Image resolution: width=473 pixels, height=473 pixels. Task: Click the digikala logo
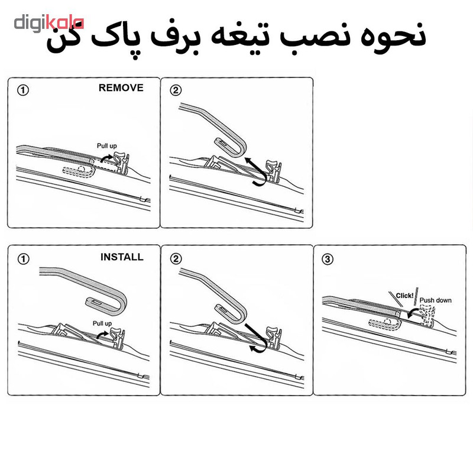tap(49, 24)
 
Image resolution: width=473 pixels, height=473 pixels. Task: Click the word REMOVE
tap(121, 88)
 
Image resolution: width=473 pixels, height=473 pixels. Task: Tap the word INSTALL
tap(122, 257)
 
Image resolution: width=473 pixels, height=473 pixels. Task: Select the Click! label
tap(404, 295)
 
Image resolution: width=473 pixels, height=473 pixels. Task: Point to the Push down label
tap(435, 300)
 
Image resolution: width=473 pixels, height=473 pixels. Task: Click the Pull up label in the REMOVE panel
tap(107, 146)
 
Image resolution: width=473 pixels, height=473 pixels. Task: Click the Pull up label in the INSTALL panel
tap(102, 323)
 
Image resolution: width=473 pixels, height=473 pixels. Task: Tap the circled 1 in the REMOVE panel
tap(23, 90)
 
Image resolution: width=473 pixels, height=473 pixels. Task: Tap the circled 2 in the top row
tap(176, 90)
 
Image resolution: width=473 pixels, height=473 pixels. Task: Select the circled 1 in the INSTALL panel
tap(23, 259)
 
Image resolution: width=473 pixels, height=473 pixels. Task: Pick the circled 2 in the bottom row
tap(176, 259)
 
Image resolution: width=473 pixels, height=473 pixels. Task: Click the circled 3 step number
tap(328, 259)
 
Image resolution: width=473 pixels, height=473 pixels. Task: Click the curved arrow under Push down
tap(413, 311)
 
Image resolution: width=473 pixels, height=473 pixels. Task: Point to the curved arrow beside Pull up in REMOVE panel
tap(106, 157)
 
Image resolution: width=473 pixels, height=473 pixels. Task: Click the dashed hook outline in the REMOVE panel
tap(79, 171)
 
